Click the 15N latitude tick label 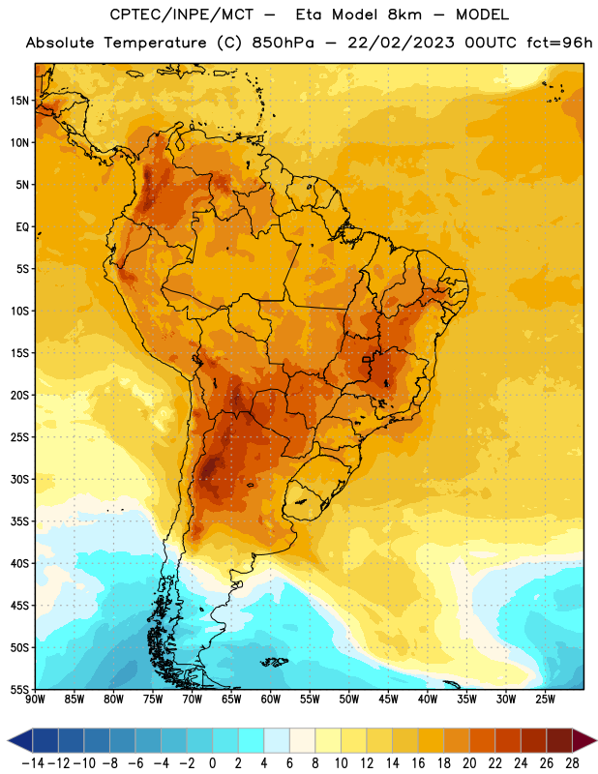(x=19, y=101)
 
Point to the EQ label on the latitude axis (x=22, y=227)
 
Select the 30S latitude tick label (x=19, y=479)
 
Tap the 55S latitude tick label (x=19, y=690)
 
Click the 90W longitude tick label (x=35, y=699)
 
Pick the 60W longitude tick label (x=271, y=699)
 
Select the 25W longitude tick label (x=545, y=699)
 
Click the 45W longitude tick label (x=388, y=699)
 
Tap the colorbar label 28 (x=572, y=763)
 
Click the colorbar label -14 (x=33, y=763)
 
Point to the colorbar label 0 (x=213, y=763)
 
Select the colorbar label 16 (x=418, y=763)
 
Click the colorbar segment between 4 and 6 (x=277, y=740)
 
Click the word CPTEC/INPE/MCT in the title (x=182, y=15)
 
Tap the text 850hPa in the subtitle (x=283, y=43)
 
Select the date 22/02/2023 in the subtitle (x=401, y=43)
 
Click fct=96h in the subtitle (x=559, y=43)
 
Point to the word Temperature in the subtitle (x=155, y=43)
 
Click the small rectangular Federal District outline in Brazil (x=367, y=359)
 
